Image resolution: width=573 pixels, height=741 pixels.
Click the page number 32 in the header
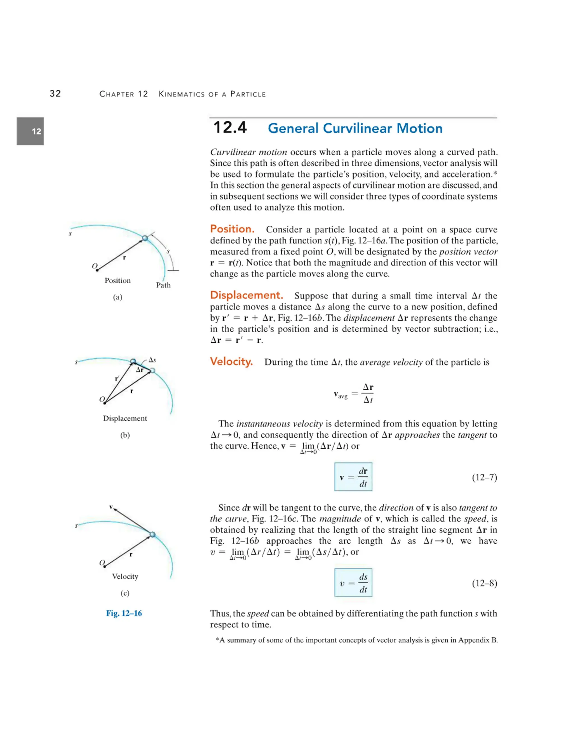(55, 94)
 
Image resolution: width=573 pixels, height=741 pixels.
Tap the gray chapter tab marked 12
(30, 131)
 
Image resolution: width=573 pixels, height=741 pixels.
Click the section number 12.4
(230, 128)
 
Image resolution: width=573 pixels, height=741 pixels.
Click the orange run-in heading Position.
(232, 229)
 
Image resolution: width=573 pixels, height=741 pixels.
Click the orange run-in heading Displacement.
(246, 295)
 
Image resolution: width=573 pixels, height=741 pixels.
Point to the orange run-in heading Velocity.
(231, 361)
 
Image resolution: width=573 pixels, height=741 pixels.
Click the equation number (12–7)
(484, 477)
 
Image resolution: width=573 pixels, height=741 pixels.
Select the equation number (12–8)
(484, 583)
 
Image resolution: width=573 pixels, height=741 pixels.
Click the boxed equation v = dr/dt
(353, 477)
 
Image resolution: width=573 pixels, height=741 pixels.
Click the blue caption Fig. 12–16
(124, 613)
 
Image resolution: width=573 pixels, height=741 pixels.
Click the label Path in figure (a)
(163, 285)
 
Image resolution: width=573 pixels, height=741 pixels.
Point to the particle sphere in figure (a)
(145, 238)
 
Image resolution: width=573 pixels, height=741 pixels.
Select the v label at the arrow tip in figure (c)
(111, 507)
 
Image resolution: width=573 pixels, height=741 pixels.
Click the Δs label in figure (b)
(152, 360)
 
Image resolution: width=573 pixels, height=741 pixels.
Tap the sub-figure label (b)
(125, 435)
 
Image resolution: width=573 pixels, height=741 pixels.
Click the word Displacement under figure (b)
(125, 418)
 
